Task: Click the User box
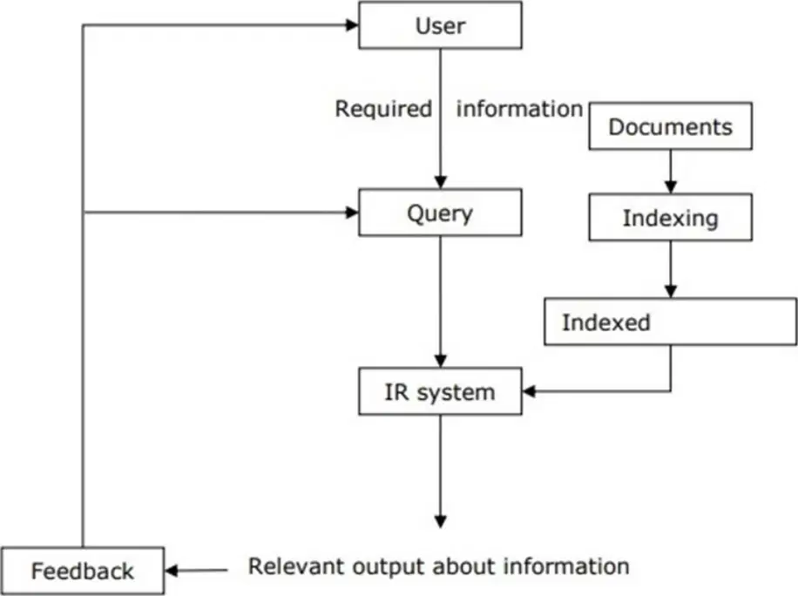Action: (440, 25)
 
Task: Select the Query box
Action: (440, 213)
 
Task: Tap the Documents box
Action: (670, 126)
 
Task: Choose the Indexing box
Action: (670, 217)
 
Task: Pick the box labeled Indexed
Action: (670, 322)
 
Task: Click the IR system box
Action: (440, 391)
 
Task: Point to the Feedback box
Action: (83, 571)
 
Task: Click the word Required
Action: (383, 109)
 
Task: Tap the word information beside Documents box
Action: (519, 109)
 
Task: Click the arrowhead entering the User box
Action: (352, 24)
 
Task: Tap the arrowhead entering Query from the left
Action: (352, 213)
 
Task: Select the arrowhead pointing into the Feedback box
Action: (172, 571)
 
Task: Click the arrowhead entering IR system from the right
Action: (530, 391)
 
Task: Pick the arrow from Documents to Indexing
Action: (670, 172)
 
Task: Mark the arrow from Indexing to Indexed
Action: (670, 269)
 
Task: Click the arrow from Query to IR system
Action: (440, 301)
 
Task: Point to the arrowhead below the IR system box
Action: (441, 522)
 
